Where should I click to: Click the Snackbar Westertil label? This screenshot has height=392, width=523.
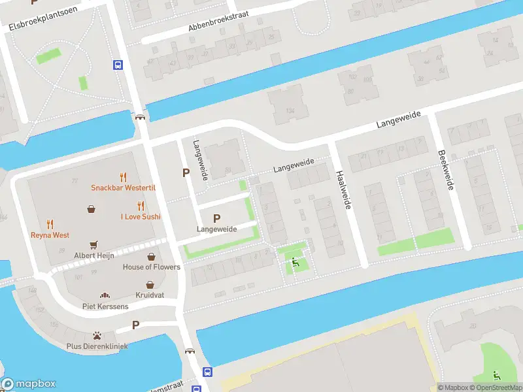(122, 188)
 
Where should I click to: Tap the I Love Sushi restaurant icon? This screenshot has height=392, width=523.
(141, 205)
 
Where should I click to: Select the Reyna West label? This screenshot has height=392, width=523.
(50, 235)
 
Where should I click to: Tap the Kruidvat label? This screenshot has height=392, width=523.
(150, 295)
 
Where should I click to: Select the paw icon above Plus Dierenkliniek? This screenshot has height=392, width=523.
(97, 335)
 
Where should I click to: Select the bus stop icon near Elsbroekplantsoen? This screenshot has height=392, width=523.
(118, 65)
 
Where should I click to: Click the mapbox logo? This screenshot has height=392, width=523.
(29, 384)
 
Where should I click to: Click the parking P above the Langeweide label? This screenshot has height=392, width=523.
(216, 218)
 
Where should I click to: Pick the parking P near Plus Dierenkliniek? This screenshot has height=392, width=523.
(136, 325)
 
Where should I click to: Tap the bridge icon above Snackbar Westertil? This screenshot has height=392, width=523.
(139, 118)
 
